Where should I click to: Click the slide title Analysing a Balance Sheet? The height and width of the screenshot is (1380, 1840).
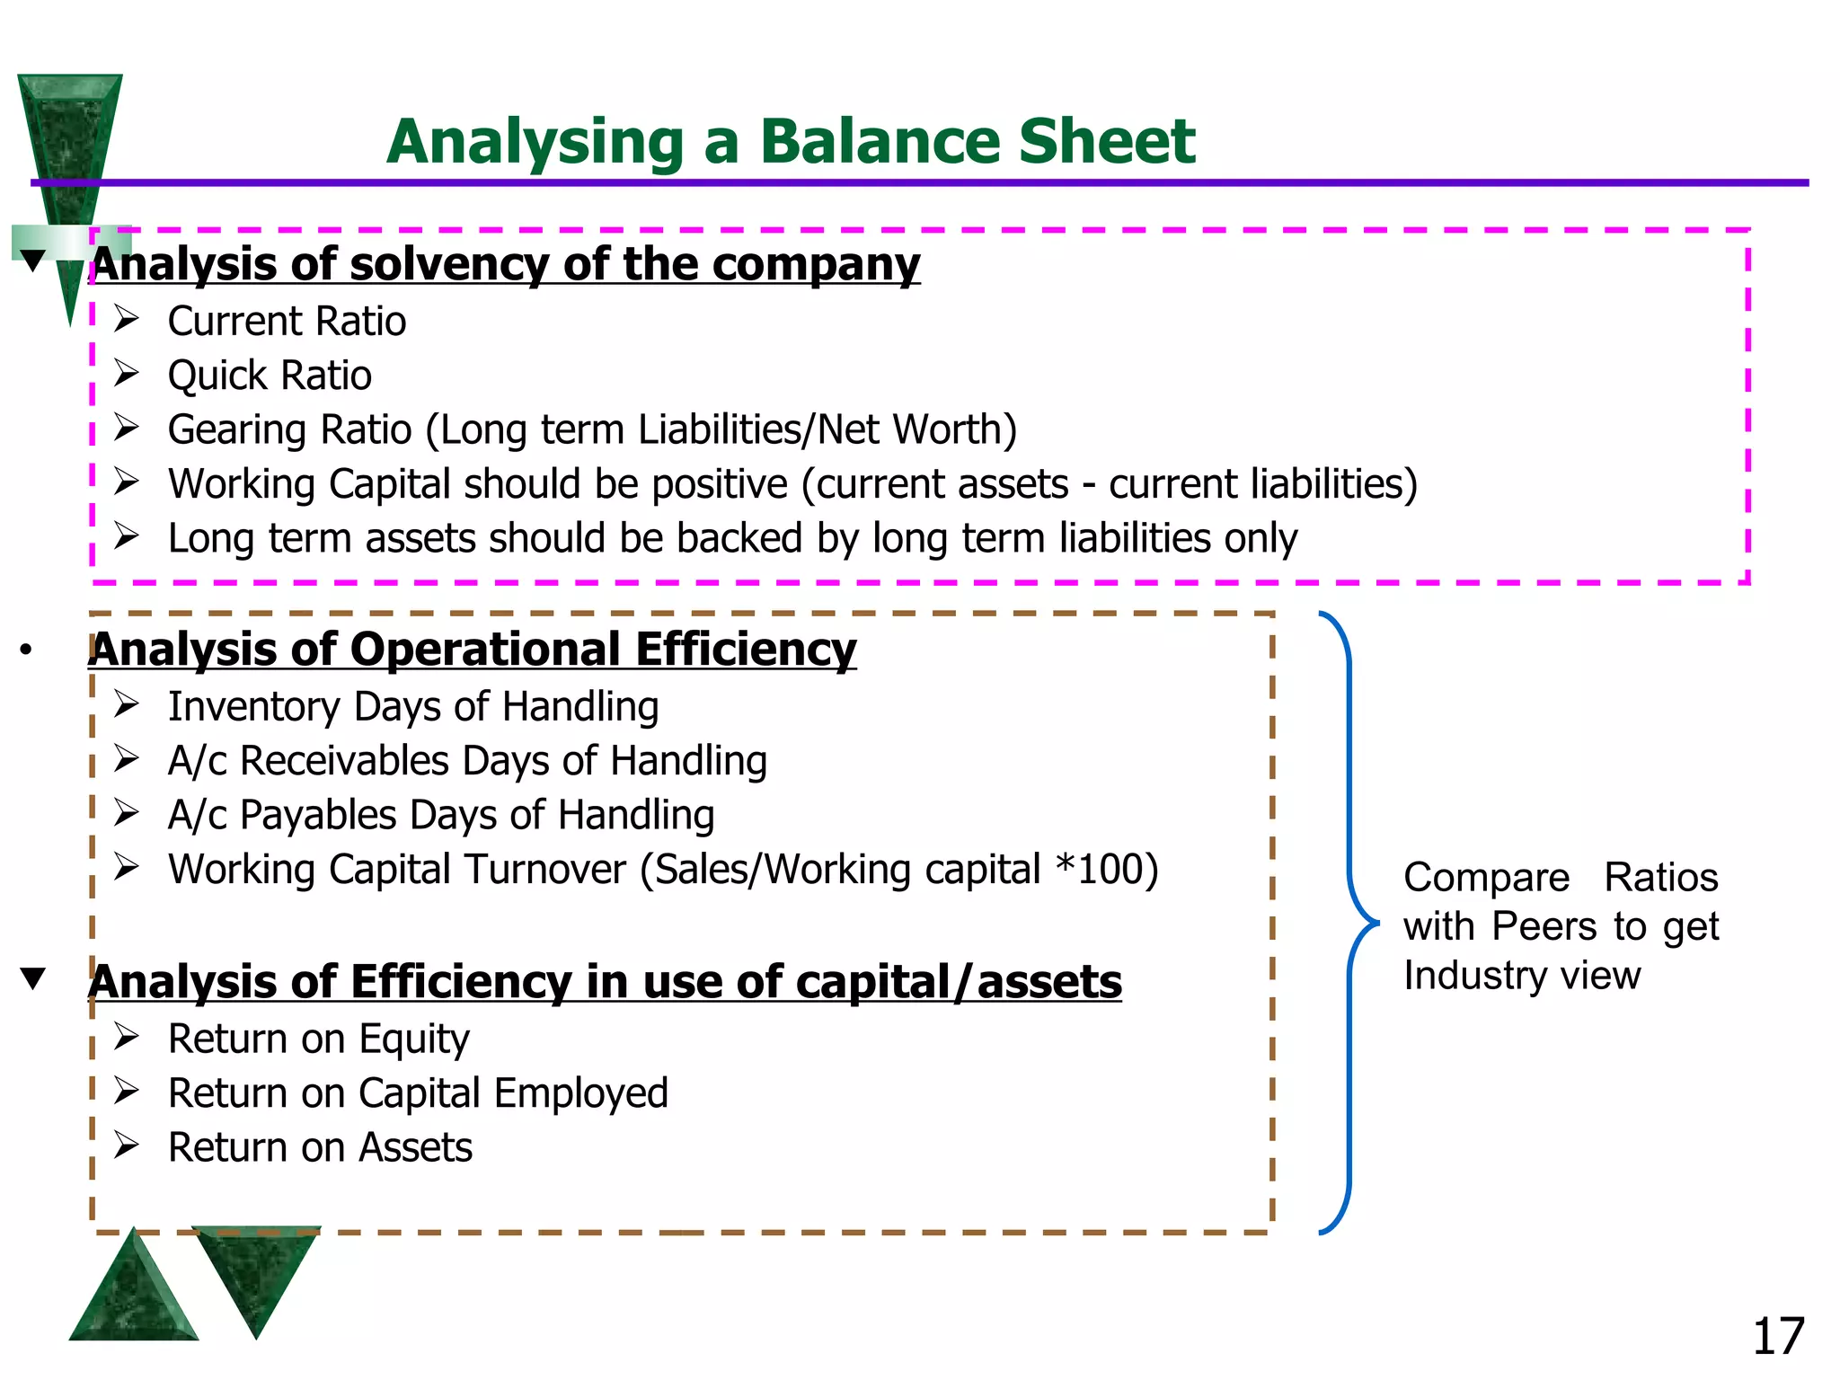791,141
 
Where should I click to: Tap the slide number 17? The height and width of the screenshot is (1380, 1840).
1778,1336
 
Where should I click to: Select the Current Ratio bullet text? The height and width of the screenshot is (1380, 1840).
287,321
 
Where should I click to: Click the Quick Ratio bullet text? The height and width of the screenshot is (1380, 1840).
270,375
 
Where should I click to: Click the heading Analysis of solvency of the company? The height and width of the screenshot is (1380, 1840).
505,264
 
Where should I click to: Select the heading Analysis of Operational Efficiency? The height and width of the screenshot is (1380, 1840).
473,649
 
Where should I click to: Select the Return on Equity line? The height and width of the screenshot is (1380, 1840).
318,1039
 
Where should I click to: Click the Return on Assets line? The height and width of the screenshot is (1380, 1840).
320,1147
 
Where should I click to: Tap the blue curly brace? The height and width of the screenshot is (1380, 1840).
1349,923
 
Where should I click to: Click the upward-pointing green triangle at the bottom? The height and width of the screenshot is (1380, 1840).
133,1294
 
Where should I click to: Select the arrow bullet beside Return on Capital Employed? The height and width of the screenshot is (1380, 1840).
126,1092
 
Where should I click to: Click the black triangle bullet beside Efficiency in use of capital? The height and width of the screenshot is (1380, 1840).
33,977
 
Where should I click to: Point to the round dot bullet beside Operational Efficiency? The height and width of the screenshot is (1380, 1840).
26,650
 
